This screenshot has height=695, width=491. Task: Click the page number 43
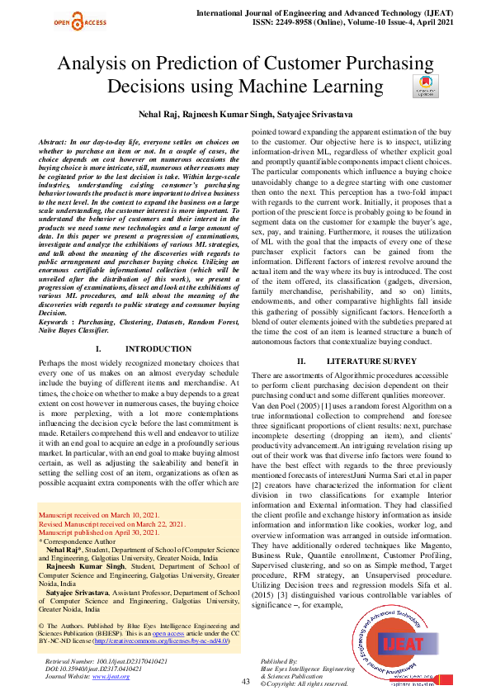245,681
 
